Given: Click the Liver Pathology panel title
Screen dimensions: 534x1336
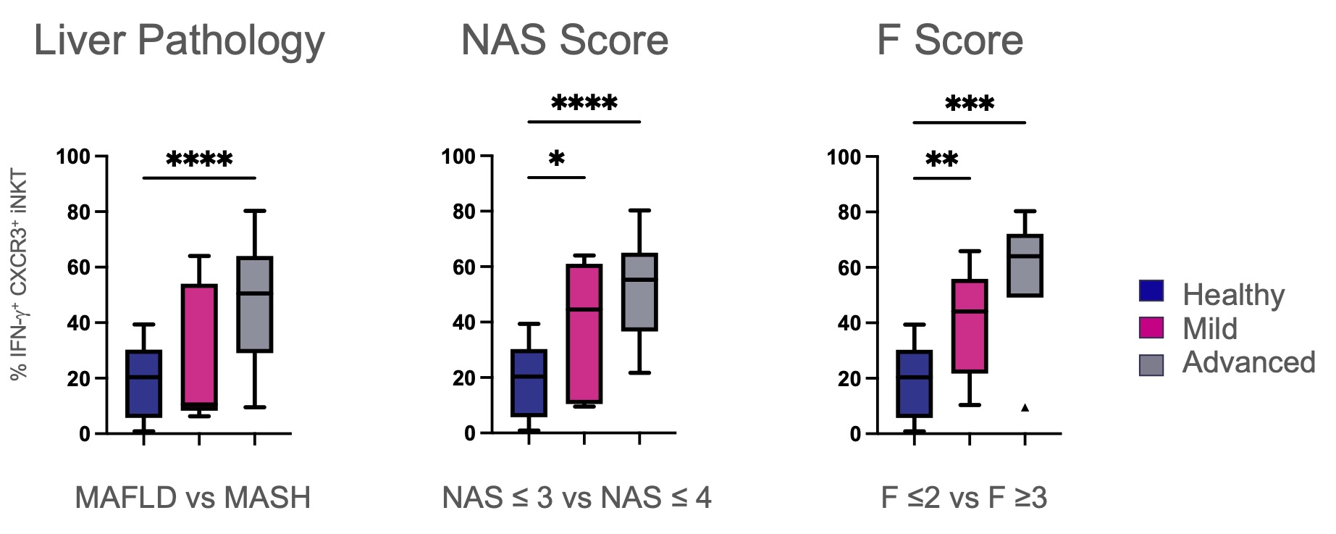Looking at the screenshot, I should (179, 40).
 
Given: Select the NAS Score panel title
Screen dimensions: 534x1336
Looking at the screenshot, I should (564, 40).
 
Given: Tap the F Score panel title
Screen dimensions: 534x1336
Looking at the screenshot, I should (949, 40).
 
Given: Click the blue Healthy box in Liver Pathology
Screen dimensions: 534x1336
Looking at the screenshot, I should (143, 384).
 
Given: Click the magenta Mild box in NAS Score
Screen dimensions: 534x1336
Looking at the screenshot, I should (584, 333).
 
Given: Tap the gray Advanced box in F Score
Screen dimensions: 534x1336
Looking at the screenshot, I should (1025, 265).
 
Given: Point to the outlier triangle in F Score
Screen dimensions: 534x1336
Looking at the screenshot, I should (1025, 408).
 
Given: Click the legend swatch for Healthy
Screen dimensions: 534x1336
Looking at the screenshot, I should (1151, 291).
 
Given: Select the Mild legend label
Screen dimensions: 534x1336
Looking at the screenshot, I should (1209, 329).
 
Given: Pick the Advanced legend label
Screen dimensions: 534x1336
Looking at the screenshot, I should (1248, 362).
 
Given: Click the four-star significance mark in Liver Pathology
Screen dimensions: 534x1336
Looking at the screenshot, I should (199, 159).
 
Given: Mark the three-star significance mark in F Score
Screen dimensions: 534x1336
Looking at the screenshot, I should (970, 104).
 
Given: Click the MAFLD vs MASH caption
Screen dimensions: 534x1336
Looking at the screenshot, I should (193, 498).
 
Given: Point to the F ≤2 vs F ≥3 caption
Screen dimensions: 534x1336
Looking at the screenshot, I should (964, 498).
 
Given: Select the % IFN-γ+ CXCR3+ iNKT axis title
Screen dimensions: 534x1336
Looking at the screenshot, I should (20, 274).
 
